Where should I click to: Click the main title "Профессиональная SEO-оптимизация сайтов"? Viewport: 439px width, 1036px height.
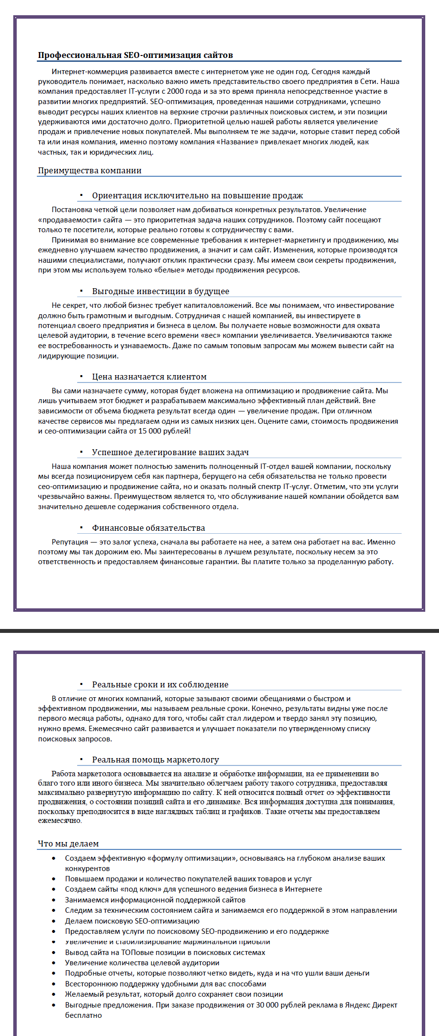[135, 55]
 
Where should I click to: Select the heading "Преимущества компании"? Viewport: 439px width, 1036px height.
[89, 170]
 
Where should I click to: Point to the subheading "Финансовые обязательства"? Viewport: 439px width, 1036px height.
[148, 528]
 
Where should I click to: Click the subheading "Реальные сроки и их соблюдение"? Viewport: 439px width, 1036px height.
[160, 684]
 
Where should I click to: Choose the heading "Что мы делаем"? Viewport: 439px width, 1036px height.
[68, 844]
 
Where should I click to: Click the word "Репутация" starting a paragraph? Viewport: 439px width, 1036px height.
[70, 542]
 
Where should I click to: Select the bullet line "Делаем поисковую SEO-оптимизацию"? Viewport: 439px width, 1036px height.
[132, 921]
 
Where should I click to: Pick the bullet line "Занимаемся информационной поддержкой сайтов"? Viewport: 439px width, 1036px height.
[155, 900]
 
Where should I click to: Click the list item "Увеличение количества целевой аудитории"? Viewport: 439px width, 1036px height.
[142, 963]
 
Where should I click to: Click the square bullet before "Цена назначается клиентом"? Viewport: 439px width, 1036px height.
[81, 377]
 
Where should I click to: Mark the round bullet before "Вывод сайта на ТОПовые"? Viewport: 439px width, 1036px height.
[54, 953]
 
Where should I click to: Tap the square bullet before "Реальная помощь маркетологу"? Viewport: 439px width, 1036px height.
[81, 760]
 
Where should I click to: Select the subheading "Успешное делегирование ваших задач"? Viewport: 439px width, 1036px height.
[170, 452]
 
